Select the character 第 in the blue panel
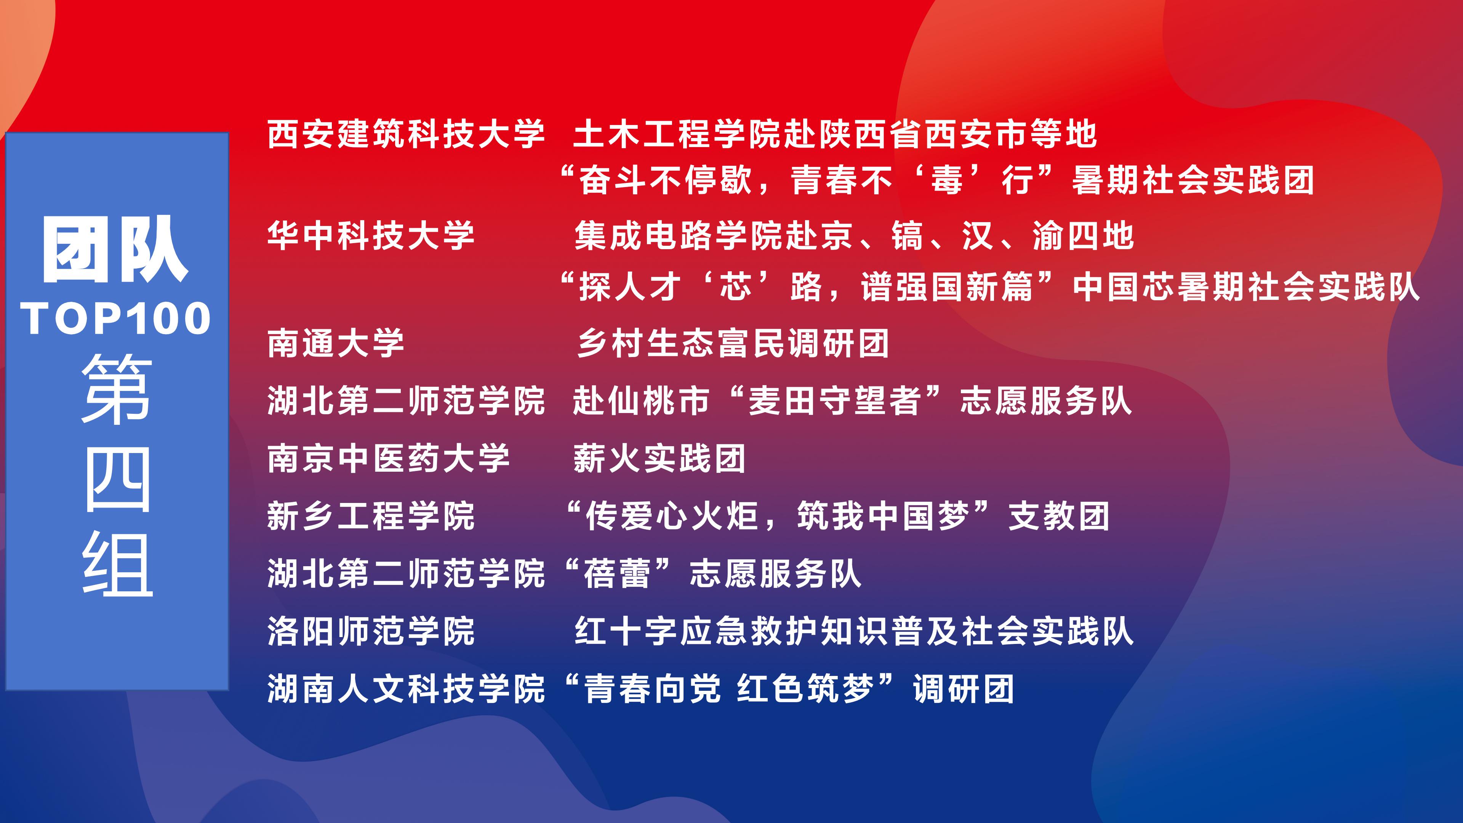point(117,389)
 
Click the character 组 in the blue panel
point(118,564)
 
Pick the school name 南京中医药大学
point(389,458)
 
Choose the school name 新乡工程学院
point(371,516)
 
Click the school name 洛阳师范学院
point(371,631)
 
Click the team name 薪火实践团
point(659,458)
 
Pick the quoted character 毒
point(946,180)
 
